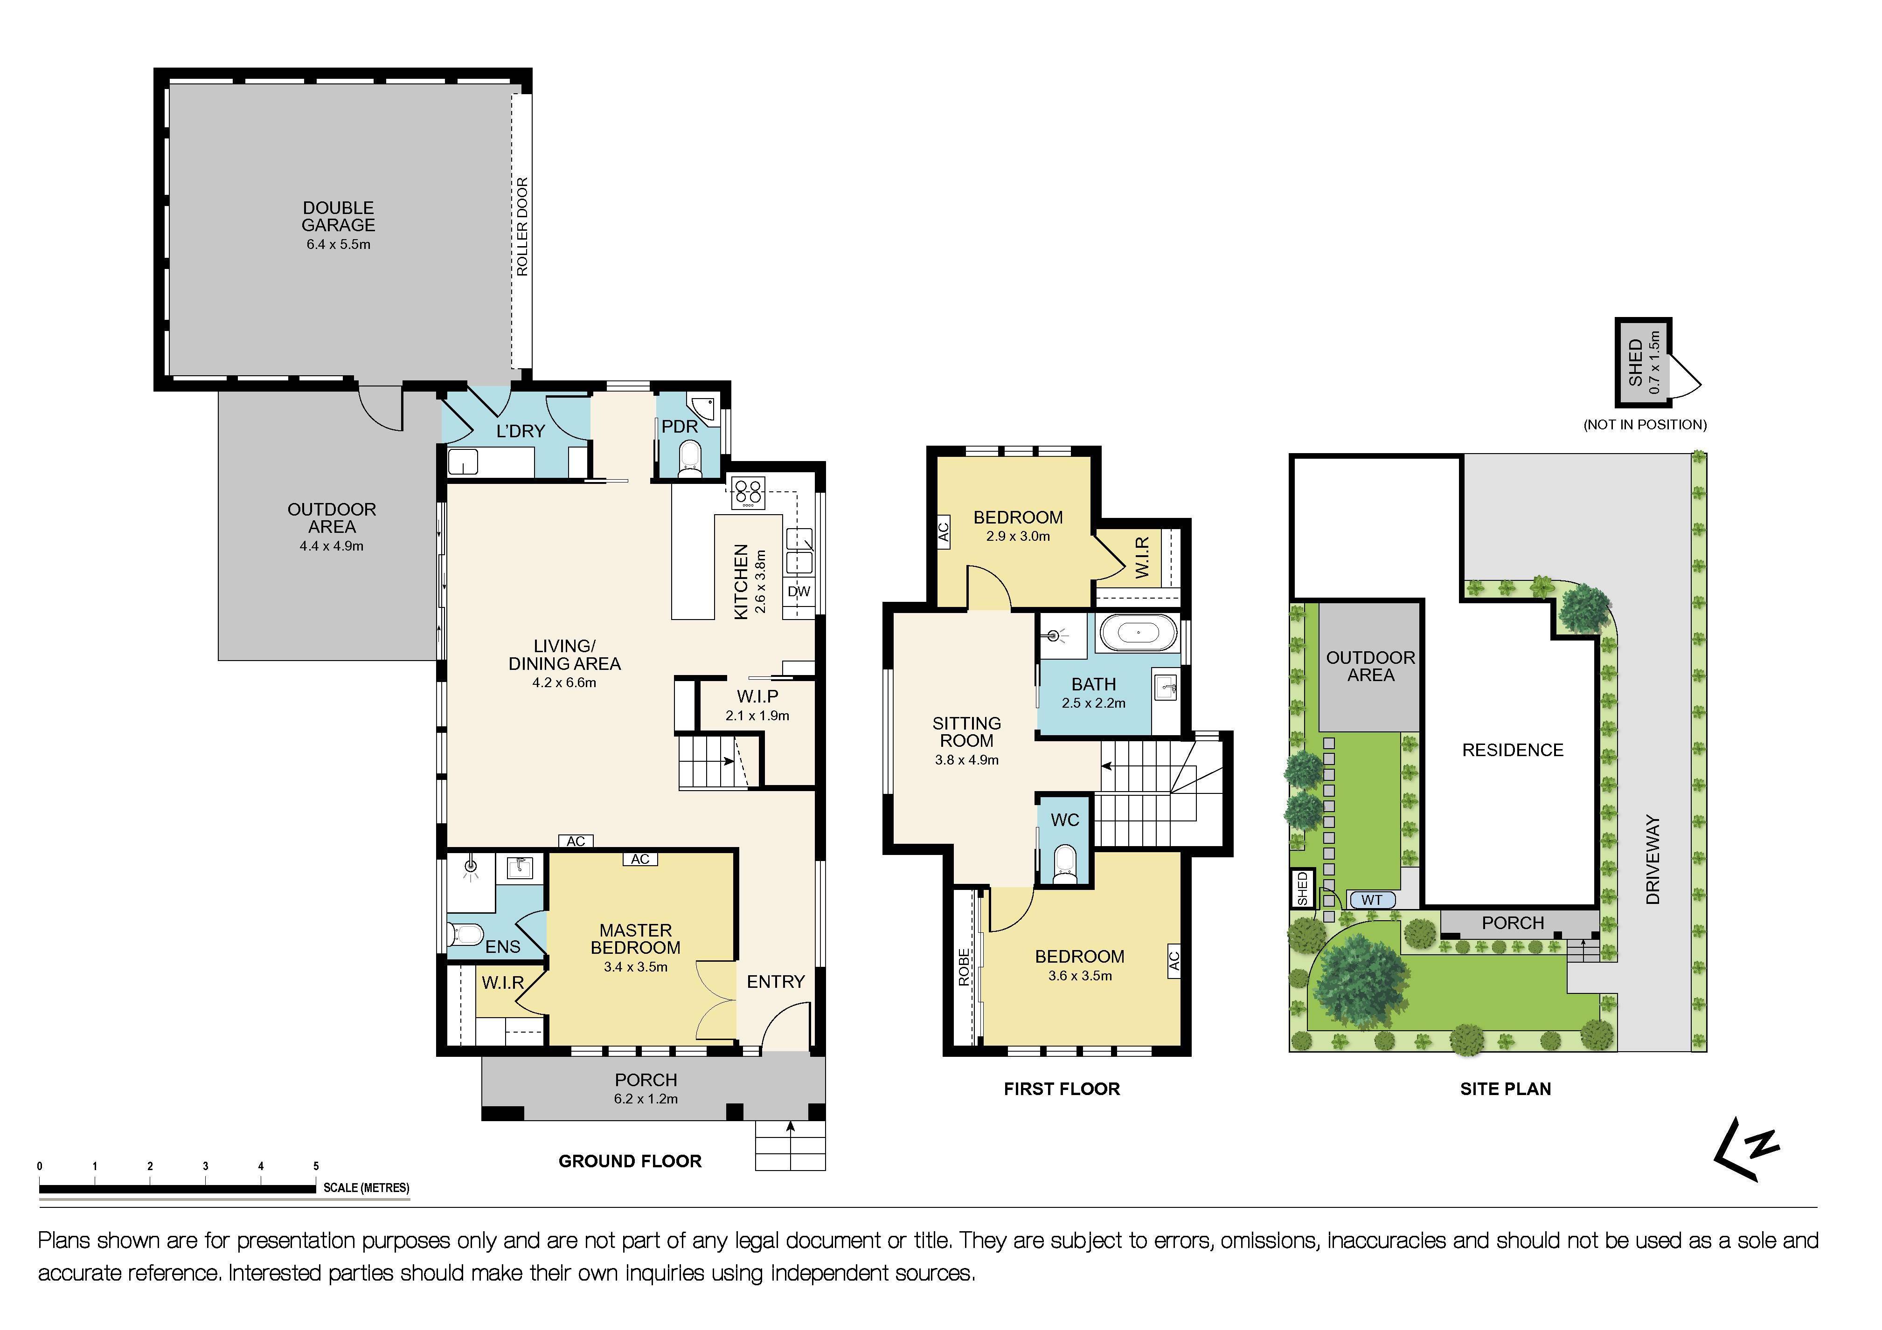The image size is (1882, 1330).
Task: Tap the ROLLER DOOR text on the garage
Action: pyautogui.click(x=522, y=227)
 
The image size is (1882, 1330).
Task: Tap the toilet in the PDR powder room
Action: pyautogui.click(x=690, y=458)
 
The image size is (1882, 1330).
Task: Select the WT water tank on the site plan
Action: pyautogui.click(x=1371, y=900)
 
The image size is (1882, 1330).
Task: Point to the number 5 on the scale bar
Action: pyautogui.click(x=316, y=1166)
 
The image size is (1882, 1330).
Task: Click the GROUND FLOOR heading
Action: pyautogui.click(x=630, y=1161)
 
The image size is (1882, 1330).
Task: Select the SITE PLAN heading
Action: pyautogui.click(x=1505, y=1089)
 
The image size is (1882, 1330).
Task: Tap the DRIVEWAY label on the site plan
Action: pyautogui.click(x=1653, y=860)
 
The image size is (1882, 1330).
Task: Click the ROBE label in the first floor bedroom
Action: pyautogui.click(x=964, y=967)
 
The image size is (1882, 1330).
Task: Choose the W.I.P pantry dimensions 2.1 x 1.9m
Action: pyautogui.click(x=757, y=716)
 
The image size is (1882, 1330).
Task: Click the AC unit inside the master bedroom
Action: pyautogui.click(x=640, y=859)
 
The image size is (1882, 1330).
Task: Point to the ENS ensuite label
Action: pyautogui.click(x=502, y=946)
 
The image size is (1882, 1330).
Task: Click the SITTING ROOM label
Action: pyautogui.click(x=966, y=732)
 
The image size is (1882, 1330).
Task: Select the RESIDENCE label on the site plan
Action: pyautogui.click(x=1512, y=750)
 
